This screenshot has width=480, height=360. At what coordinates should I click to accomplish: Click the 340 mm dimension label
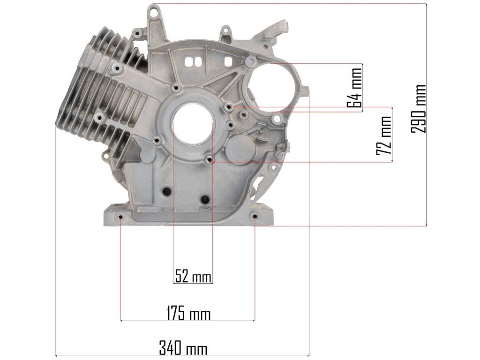[x=183, y=348]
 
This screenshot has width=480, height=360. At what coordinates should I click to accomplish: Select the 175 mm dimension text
[x=188, y=314]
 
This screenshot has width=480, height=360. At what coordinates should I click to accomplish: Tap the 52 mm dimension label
[x=193, y=276]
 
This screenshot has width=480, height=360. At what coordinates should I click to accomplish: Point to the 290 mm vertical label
[x=419, y=109]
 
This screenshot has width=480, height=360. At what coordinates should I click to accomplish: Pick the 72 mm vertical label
[x=384, y=135]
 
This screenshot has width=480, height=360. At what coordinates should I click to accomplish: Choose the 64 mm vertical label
[x=354, y=88]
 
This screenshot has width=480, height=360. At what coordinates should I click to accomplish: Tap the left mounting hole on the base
[x=120, y=217]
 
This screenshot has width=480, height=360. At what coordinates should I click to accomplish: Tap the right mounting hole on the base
[x=255, y=217]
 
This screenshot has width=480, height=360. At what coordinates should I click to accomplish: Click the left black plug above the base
[x=167, y=191]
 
